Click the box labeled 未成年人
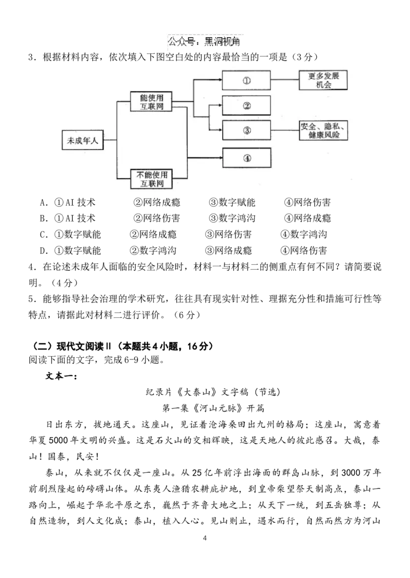coord(83,140)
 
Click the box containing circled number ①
coord(247,80)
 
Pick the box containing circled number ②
coord(247,105)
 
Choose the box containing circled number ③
coord(247,130)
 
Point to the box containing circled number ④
coord(247,158)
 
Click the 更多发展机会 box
coord(323,80)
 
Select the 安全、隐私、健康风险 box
coord(323,131)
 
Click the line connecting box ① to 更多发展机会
coord(285,80)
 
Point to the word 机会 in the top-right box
coord(323,85)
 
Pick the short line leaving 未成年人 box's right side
coord(110,140)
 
